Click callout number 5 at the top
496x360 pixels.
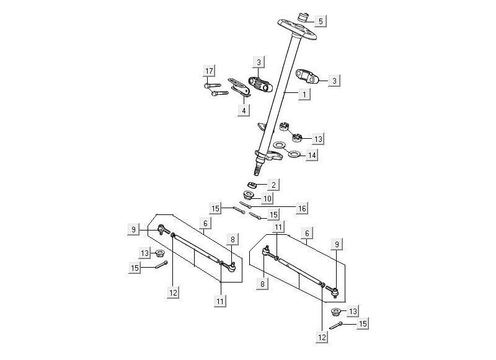click(320, 21)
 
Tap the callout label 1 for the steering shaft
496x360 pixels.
click(304, 94)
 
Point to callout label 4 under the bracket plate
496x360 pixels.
click(244, 110)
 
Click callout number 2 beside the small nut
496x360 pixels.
click(273, 184)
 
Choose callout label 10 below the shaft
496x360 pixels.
click(267, 198)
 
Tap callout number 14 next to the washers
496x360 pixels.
click(312, 155)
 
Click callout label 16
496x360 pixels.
click(301, 209)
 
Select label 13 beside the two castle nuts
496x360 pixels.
click(318, 138)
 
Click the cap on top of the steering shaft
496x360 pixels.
click(304, 15)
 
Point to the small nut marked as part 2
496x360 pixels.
click(253, 185)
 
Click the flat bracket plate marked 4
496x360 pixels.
click(239, 87)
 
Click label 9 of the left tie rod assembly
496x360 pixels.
click(134, 230)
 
